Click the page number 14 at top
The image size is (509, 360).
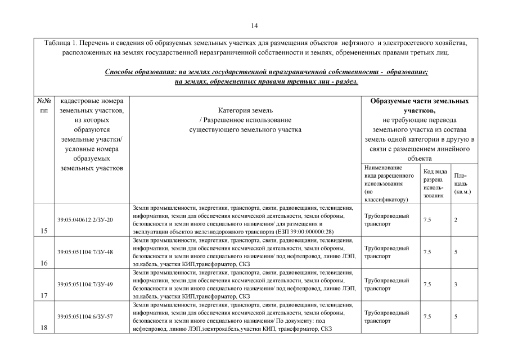(254, 26)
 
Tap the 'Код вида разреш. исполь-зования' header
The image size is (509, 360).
(434, 183)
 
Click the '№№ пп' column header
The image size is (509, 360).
(43, 106)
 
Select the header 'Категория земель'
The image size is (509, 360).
(246, 111)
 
